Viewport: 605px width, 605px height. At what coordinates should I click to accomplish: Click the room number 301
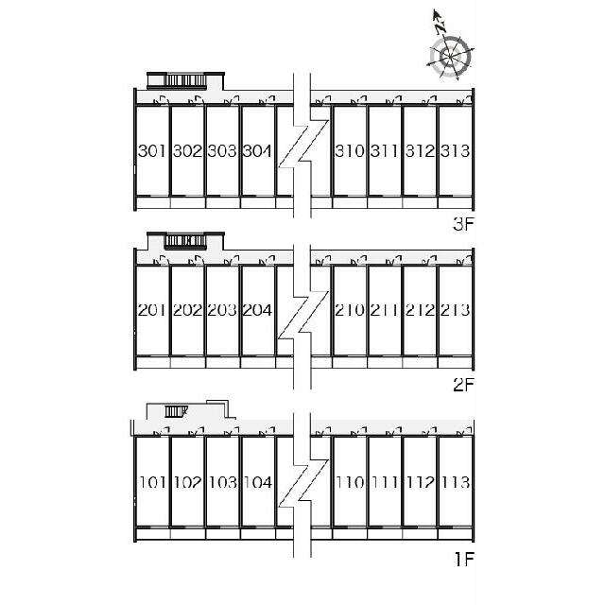click(x=152, y=151)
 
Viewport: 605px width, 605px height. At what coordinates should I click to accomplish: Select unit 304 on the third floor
click(x=257, y=151)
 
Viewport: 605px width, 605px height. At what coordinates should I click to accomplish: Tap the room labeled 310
click(x=350, y=151)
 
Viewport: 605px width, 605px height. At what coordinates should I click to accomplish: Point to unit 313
click(x=456, y=151)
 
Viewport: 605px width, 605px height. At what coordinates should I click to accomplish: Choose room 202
click(x=187, y=310)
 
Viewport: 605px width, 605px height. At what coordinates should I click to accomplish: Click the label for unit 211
click(x=385, y=310)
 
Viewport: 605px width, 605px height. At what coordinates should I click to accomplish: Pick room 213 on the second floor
click(x=456, y=310)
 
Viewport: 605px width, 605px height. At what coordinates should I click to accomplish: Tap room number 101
click(x=153, y=482)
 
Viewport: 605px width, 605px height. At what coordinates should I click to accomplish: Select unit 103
click(x=223, y=482)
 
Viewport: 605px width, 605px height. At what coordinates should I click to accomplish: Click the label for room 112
click(x=420, y=482)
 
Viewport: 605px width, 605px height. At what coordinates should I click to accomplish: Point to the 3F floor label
click(x=463, y=225)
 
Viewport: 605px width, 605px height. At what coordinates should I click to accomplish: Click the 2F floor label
click(x=463, y=385)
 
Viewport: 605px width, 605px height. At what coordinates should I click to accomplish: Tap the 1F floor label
click(x=464, y=560)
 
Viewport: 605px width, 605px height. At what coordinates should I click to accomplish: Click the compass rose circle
click(x=450, y=58)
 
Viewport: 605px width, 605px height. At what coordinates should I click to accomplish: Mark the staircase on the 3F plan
click(x=185, y=80)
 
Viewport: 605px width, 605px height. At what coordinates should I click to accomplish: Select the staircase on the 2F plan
click(x=185, y=241)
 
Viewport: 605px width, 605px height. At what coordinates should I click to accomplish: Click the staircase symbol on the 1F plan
click(x=176, y=411)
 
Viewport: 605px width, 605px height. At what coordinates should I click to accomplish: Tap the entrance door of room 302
click(x=196, y=100)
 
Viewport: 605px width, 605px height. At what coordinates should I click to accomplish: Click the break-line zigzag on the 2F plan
click(x=302, y=316)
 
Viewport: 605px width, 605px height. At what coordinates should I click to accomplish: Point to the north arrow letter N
click(x=440, y=27)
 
